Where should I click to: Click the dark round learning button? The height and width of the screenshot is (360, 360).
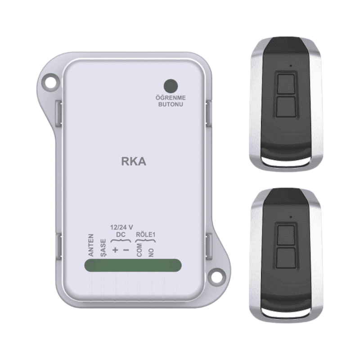(171, 86)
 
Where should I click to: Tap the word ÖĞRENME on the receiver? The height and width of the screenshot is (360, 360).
(171, 98)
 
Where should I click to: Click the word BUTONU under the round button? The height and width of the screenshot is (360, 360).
(171, 104)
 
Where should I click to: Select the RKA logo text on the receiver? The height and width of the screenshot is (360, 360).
(133, 162)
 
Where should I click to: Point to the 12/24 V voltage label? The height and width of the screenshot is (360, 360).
(121, 227)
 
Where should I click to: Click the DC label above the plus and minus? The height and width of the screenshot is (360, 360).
(121, 234)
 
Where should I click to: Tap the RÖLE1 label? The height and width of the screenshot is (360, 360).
(145, 234)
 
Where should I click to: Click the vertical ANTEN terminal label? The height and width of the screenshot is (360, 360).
(91, 245)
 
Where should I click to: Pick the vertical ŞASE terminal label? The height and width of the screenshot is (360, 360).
(103, 248)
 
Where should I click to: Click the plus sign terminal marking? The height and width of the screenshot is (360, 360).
(115, 250)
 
